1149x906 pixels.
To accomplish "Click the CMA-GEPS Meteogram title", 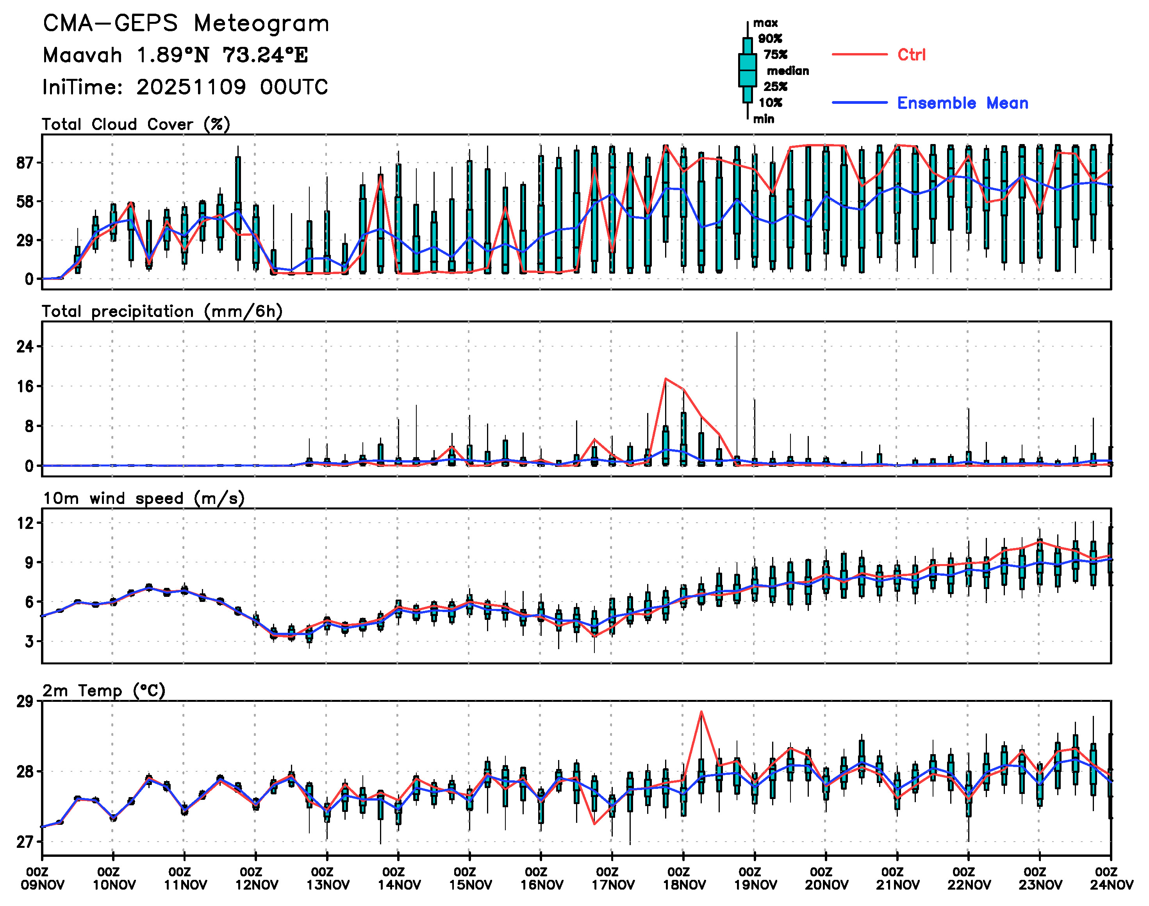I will [x=186, y=24].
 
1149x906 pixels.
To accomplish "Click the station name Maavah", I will [x=82, y=55].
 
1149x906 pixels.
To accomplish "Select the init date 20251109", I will [x=191, y=87].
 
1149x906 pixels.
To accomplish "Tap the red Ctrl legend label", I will [x=911, y=55].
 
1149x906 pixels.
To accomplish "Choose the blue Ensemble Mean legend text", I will [x=962, y=103].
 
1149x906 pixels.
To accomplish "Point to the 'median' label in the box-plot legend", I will [x=788, y=71].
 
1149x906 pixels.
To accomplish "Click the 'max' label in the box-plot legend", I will [x=765, y=23].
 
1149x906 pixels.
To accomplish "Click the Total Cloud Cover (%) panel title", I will [x=136, y=125].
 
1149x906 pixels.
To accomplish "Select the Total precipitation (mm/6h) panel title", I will [x=162, y=311].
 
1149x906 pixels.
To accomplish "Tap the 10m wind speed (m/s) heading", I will [x=143, y=498].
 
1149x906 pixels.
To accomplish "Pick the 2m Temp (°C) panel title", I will [x=104, y=691].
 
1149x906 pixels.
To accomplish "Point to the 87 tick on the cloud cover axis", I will [x=25, y=163].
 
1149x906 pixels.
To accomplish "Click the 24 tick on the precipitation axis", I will [x=25, y=347].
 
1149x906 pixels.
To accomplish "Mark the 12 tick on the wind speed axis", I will [x=25, y=523].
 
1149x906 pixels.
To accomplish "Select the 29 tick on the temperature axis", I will [x=25, y=702].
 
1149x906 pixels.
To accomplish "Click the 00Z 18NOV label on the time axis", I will [x=683, y=879].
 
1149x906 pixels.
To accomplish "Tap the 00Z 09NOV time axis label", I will [x=43, y=879].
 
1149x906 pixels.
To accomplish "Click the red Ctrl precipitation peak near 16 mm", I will [x=665, y=379].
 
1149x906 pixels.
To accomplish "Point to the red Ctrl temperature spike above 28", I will [x=701, y=712].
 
